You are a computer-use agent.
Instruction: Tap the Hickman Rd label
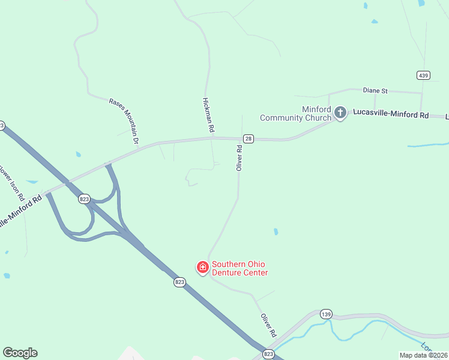tap(208, 115)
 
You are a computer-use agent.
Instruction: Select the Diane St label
tap(376, 91)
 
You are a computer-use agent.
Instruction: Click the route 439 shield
tap(424, 75)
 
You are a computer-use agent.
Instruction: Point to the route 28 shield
tap(249, 139)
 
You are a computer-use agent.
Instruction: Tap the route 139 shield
tap(326, 314)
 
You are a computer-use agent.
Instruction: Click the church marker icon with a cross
tap(340, 113)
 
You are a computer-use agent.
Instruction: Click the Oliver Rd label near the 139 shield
tap(268, 325)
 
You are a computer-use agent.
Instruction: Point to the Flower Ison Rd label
tap(11, 182)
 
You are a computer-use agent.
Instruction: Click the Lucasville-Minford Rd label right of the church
tap(391, 113)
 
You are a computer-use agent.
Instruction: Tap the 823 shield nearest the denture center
tap(179, 281)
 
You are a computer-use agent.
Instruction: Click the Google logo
tap(20, 353)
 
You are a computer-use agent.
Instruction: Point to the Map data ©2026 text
tap(423, 355)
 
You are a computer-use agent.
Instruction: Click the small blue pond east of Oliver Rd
tap(276, 232)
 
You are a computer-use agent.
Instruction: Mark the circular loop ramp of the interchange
tap(76, 222)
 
